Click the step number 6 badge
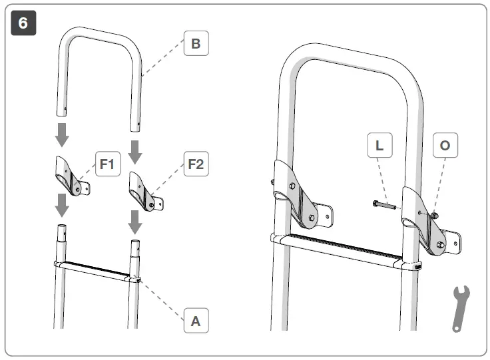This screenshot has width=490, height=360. coord(23,23)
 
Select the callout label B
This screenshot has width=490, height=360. coord(195,45)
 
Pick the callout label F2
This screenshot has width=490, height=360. coord(195,164)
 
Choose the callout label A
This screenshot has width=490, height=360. coord(195,321)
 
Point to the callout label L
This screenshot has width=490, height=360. coord(379,146)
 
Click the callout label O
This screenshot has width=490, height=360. coord(445,146)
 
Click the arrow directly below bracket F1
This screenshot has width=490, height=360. coord(61,206)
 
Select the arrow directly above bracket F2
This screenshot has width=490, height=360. coord(135,151)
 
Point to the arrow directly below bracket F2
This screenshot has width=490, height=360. coord(135,222)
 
